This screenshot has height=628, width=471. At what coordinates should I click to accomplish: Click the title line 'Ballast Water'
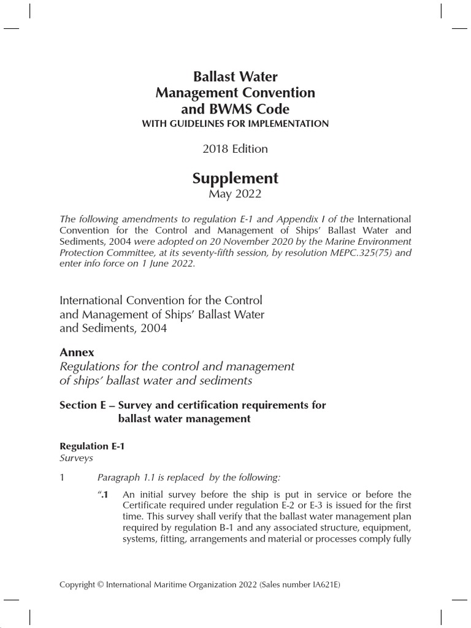235,77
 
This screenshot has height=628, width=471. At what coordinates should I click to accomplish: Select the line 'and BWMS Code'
235,109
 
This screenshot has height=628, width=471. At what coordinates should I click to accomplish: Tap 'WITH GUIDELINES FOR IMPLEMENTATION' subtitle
235,124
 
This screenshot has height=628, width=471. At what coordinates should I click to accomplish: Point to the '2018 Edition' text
235,149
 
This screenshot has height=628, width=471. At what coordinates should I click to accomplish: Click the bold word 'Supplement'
235,178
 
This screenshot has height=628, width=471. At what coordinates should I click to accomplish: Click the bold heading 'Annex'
77,353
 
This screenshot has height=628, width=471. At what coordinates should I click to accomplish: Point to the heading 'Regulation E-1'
91,447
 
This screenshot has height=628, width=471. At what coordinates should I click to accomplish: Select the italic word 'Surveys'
75,458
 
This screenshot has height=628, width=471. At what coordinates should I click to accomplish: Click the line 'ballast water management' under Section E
184,419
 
